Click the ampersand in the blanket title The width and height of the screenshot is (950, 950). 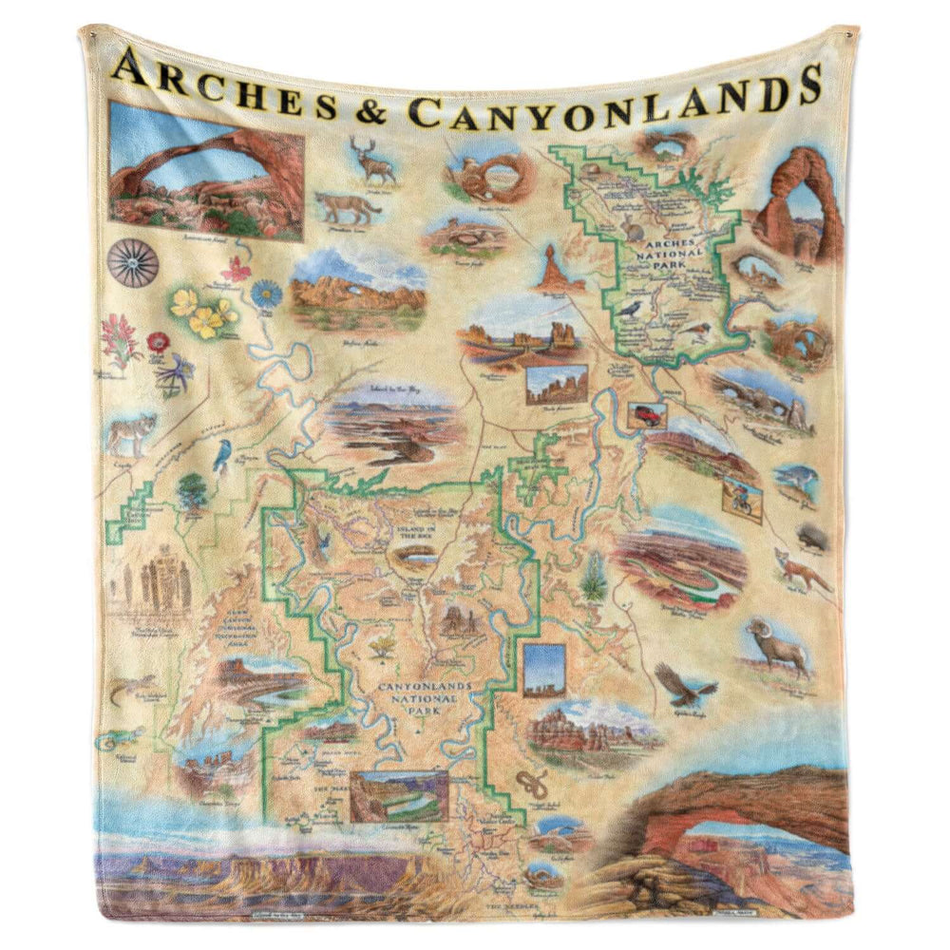coord(370,110)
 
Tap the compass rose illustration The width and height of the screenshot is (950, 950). coord(132,263)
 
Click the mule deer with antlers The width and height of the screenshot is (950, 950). coord(372,162)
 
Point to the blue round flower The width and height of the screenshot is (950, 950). coord(267,293)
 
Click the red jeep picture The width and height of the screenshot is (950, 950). coord(647,415)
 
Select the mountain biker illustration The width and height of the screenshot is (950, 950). coord(742,500)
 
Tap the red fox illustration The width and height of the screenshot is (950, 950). coord(797,569)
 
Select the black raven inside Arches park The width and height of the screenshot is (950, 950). coord(628,308)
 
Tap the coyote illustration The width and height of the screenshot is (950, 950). coord(131,434)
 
